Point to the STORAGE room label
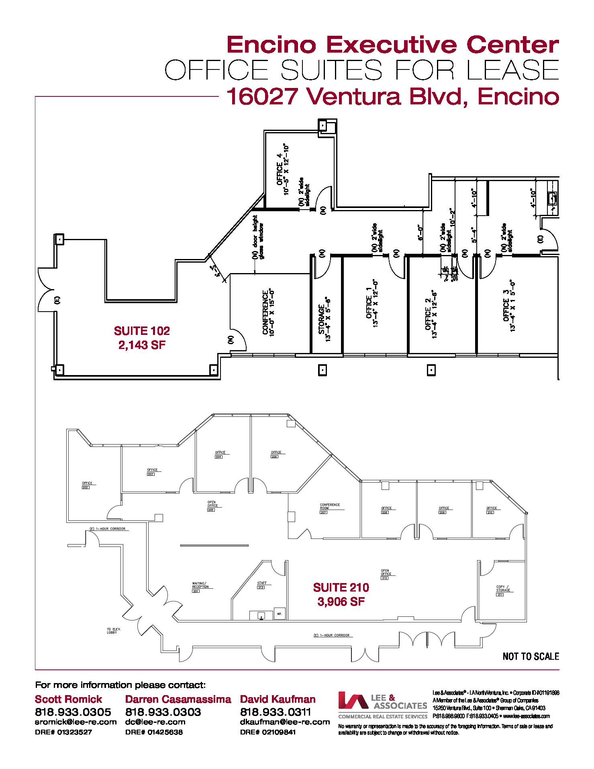[324, 319]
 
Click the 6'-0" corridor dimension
[420, 233]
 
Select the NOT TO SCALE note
[531, 657]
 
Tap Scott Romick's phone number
[73, 712]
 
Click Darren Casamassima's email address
[155, 722]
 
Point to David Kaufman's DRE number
[268, 732]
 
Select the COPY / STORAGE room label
[503, 589]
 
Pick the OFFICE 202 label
[87, 485]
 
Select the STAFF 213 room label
[261, 584]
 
